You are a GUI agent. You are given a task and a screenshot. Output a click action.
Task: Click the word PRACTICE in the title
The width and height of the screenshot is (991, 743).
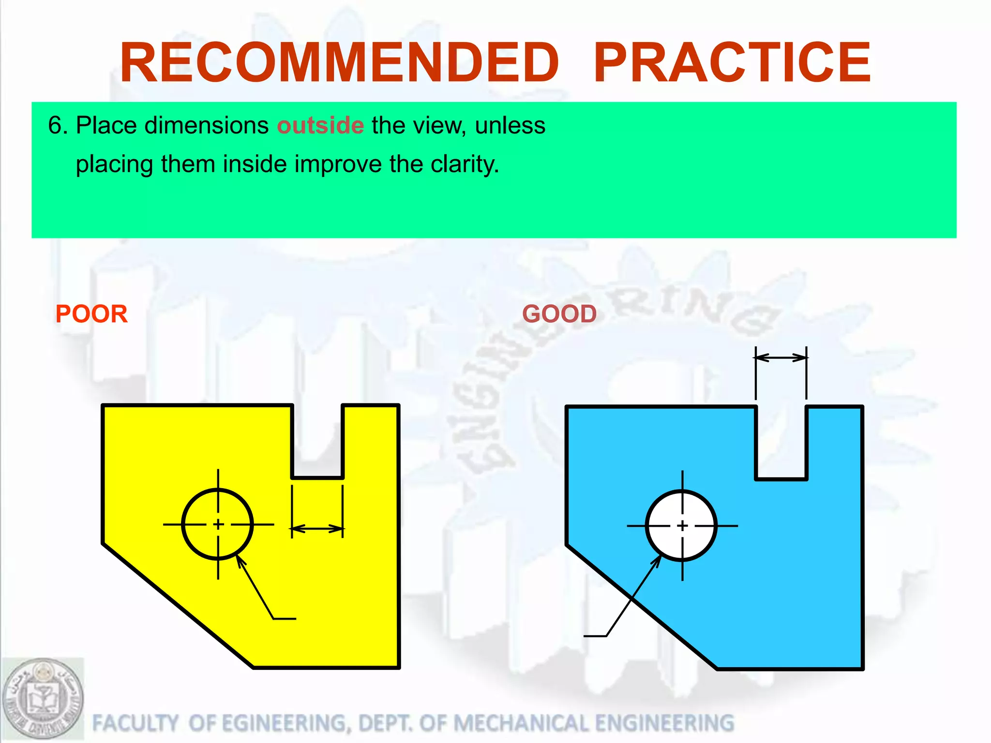coord(732,63)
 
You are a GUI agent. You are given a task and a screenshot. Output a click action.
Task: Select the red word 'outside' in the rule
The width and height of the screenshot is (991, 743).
coord(320,126)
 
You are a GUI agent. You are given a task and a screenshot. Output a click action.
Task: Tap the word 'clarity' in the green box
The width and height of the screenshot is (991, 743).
coord(465,164)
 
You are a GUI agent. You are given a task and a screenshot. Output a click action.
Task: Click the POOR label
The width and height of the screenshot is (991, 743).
coord(91,314)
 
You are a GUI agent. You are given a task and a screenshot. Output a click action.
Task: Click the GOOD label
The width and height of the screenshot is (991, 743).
coord(559,314)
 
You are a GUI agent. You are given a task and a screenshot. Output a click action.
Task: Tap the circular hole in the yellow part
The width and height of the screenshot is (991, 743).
coord(218,524)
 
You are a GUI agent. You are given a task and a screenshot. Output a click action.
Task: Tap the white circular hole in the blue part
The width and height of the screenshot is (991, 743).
coord(682,525)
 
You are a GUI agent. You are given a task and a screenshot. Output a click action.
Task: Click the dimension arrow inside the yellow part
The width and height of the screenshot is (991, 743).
coord(317,529)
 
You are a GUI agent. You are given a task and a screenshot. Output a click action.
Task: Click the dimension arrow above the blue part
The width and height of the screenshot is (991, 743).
coord(781,358)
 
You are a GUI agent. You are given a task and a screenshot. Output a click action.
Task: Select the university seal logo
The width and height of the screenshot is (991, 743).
coord(43,699)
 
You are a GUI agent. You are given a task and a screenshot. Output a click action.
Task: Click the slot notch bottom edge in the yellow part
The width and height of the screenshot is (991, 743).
coord(317,478)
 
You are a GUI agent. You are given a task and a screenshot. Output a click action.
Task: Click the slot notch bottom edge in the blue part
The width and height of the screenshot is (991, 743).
coord(781,479)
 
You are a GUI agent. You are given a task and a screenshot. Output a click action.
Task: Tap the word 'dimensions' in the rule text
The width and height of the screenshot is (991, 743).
coord(207,126)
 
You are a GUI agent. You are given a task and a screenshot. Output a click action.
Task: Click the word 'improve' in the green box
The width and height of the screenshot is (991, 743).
coord(338,164)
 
